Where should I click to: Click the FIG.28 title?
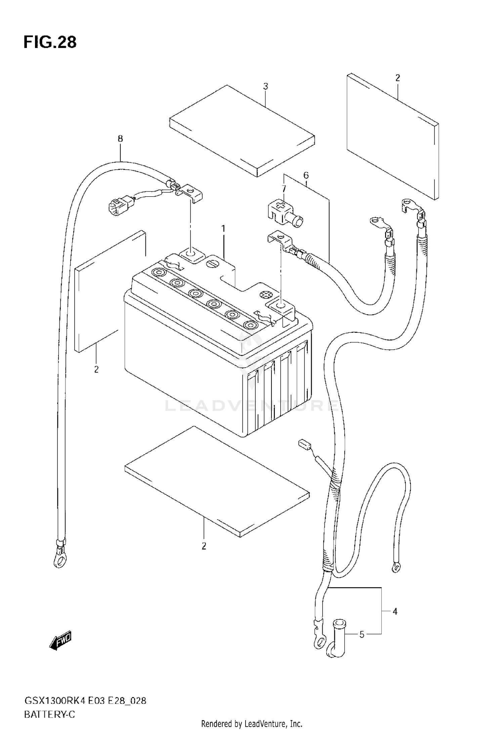pos(50,42)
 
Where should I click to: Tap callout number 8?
pos(120,138)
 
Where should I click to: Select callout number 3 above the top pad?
pos(265,86)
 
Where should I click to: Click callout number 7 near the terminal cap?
pos(284,188)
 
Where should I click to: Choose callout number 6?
pos(306,175)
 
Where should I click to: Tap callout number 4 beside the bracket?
pos(395,612)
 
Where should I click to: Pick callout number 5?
pos(362,635)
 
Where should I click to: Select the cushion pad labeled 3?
pos(242,131)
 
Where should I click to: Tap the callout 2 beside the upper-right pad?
pos(397,78)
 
